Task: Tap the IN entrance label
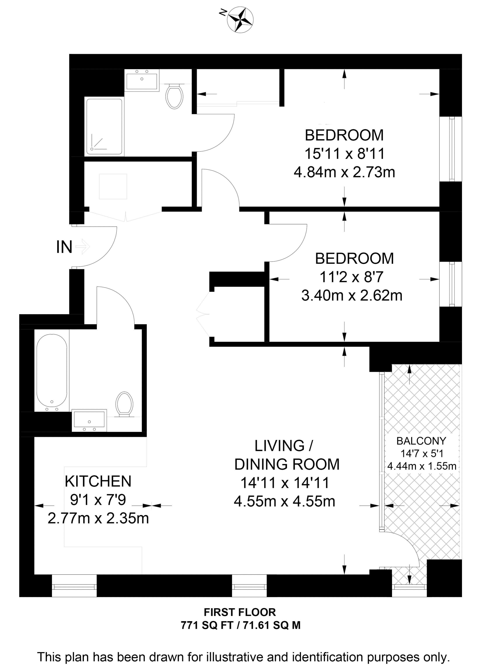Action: pyautogui.click(x=64, y=247)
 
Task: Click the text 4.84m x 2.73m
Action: pyautogui.click(x=344, y=172)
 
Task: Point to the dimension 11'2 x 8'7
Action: pyautogui.click(x=352, y=277)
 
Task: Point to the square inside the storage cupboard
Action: pyautogui.click(x=113, y=187)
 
